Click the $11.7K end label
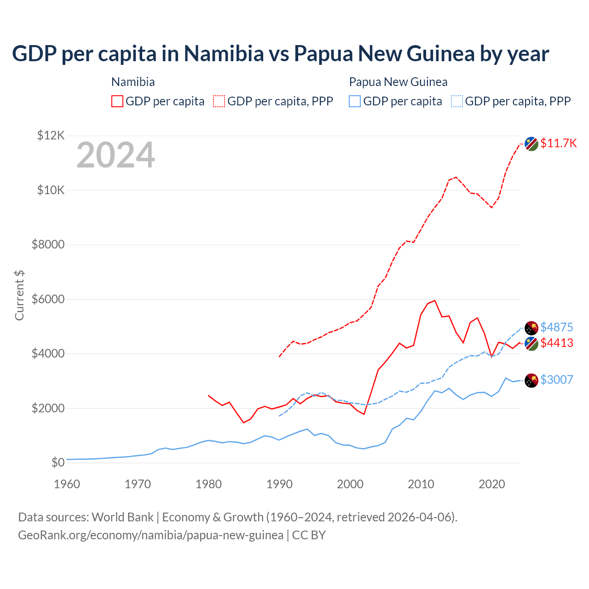point(558,143)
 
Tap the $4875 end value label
point(556,327)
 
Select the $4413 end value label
point(556,343)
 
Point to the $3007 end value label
point(556,380)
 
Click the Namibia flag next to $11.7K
point(531,144)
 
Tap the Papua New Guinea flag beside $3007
point(531,381)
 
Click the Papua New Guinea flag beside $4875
point(531,328)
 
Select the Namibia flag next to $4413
point(531,343)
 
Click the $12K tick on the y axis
point(51,135)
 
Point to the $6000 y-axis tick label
point(48,299)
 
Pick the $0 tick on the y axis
point(58,462)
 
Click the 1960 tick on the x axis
point(67,484)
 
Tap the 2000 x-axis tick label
point(350,484)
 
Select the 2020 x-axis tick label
point(492,484)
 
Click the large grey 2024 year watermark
point(115,155)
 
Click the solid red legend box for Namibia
point(117,101)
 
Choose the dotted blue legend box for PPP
point(457,101)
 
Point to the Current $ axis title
point(19,295)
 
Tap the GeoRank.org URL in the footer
point(150,535)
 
